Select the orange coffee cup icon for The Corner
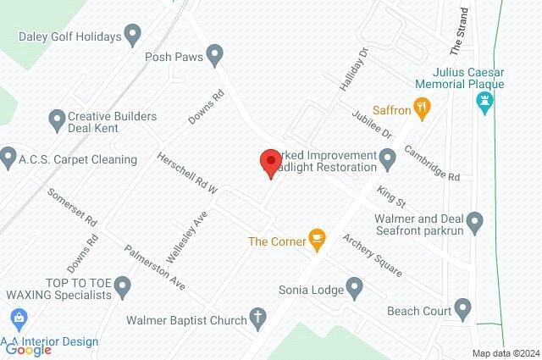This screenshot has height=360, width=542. [x=318, y=241]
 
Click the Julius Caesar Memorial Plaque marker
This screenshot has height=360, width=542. [x=485, y=104]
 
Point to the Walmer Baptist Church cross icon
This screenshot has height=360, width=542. [x=256, y=320]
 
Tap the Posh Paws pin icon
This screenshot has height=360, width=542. [x=215, y=57]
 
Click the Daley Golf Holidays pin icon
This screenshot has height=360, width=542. [x=133, y=35]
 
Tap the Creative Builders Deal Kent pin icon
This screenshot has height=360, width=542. [x=57, y=118]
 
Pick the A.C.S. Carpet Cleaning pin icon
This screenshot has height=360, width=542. [x=8, y=158]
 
